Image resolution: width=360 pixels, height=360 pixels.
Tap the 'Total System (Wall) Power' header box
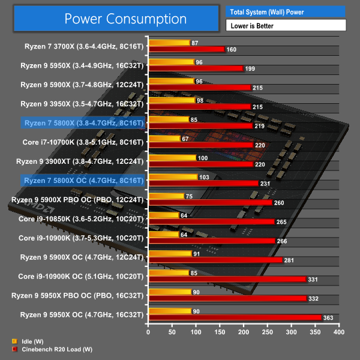286,11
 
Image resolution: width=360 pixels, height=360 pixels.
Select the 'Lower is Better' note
286,25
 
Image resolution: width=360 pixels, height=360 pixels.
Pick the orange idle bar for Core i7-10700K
164,139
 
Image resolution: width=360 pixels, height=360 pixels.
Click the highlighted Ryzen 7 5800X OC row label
83,180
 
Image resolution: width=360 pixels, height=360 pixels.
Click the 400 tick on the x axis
339,331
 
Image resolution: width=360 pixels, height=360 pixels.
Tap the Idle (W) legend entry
31,341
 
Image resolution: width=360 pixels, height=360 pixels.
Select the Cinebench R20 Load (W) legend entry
50,349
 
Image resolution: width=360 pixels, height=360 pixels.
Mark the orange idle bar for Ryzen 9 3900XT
172,158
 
